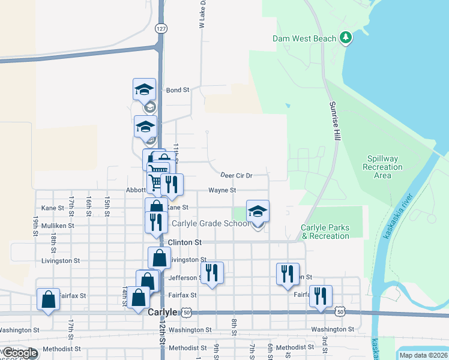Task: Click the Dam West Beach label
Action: click(305, 38)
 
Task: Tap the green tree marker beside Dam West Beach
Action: click(345, 38)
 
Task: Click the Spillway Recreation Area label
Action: click(383, 167)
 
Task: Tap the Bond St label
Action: click(178, 90)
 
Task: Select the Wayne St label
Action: click(222, 190)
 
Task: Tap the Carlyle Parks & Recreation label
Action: click(325, 232)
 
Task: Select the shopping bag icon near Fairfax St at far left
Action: click(48, 299)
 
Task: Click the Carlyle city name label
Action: click(163, 313)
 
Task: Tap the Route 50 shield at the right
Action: click(341, 312)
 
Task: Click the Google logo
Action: click(20, 353)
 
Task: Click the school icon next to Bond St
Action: click(144, 90)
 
